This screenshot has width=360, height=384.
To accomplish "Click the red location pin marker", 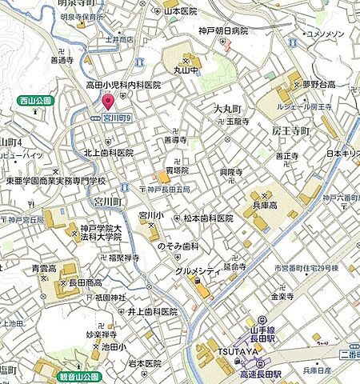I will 108,102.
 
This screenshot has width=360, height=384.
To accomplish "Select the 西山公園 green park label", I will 33,101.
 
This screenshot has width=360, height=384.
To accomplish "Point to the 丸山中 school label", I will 189,70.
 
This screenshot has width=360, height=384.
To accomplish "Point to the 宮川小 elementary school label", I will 151,216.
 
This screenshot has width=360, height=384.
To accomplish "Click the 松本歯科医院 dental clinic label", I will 208,218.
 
